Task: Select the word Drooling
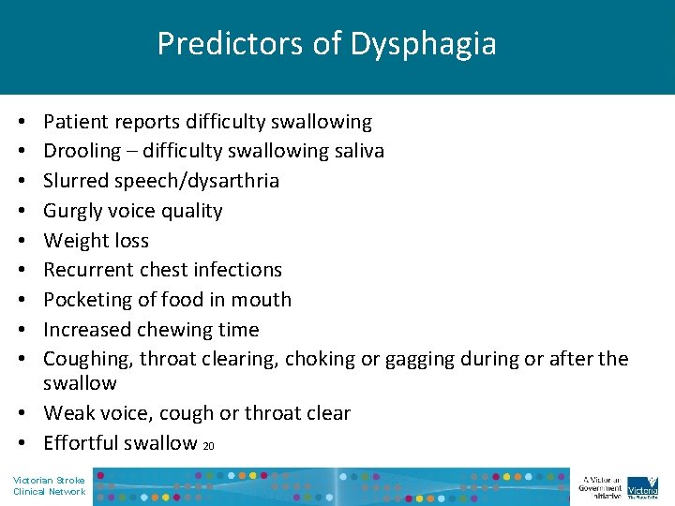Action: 82,151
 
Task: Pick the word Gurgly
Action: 77,211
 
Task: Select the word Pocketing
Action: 85,300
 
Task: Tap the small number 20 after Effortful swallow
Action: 208,446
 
